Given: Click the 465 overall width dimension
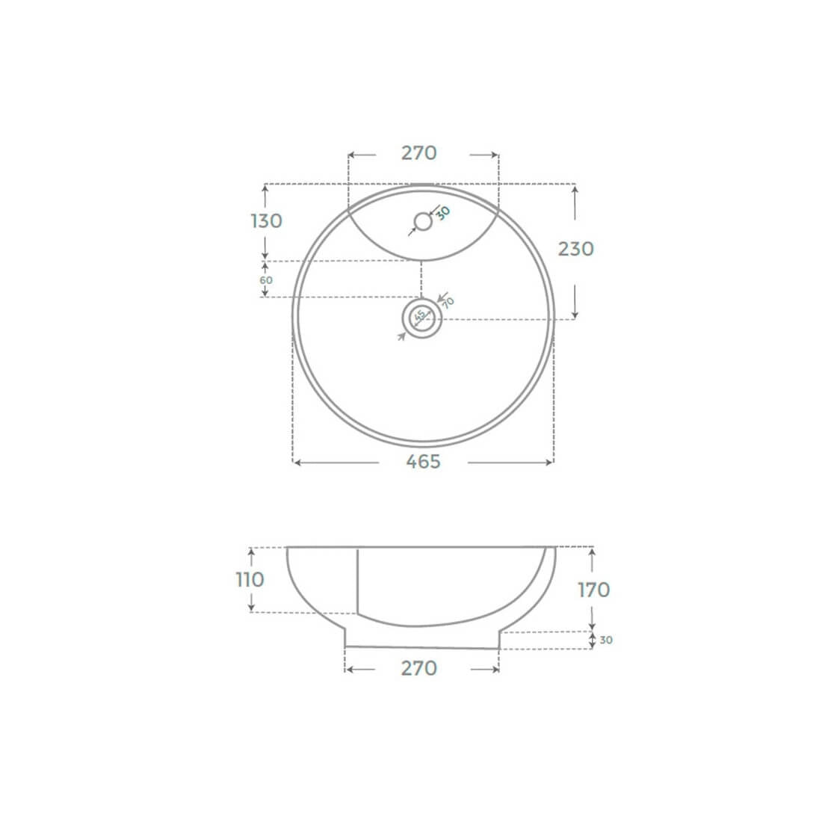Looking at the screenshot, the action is click(x=423, y=462).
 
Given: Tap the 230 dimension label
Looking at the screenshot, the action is click(x=575, y=249).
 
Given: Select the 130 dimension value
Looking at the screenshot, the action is click(x=266, y=221).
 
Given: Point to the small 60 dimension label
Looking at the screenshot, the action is click(x=266, y=280).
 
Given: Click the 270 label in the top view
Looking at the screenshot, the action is click(x=419, y=153).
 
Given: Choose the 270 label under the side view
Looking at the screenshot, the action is click(x=419, y=668).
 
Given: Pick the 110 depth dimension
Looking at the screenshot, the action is click(x=250, y=580).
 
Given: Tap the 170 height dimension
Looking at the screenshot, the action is click(x=594, y=590).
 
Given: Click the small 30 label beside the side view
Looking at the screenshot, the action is click(x=606, y=640).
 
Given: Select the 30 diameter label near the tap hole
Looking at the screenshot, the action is click(x=443, y=213).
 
